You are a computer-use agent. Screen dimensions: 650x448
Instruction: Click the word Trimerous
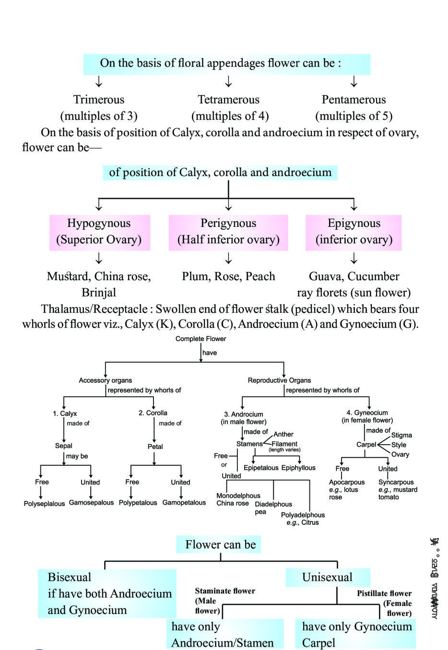pos(98,100)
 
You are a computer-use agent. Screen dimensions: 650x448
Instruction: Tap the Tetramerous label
pos(228,100)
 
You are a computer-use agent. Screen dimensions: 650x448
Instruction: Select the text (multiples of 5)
pos(354,116)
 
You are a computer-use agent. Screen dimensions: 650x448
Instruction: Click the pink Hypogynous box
pos(99,232)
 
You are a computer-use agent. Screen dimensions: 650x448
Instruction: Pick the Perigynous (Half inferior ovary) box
pos(228,232)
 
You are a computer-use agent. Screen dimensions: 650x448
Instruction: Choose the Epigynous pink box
pos(354,232)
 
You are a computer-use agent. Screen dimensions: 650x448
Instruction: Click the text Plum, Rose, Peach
pos(228,276)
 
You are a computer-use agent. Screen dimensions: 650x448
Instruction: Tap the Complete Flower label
pos(200,339)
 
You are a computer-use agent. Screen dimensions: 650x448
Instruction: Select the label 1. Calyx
pos(65,414)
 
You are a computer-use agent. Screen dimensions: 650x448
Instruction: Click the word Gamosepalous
pos(91,503)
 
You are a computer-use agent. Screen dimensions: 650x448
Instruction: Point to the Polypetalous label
pos(138,503)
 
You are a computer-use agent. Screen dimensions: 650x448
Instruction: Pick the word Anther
pos(283,434)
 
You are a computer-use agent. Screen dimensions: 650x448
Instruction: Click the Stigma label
pos(401,435)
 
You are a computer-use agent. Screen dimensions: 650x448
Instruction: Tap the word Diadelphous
pos(273,504)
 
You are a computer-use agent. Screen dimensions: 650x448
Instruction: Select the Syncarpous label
pos(396,482)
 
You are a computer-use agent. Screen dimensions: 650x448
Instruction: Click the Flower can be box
pos(221,544)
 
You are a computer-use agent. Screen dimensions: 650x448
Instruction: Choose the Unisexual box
pos(327,577)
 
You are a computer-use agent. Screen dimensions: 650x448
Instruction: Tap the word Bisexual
pos(70,577)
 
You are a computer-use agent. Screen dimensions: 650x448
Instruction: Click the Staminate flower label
pos(225,591)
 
